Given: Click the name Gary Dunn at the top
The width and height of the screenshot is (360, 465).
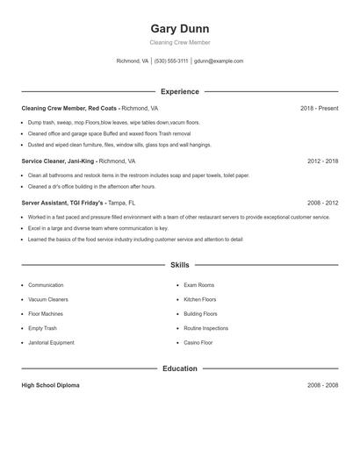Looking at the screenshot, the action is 180,28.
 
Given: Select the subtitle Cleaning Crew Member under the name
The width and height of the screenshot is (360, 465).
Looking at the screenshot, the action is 180,42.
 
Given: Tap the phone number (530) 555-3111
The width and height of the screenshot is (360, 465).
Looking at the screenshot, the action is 171,61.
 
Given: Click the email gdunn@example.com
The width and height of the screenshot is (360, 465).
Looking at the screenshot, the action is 219,61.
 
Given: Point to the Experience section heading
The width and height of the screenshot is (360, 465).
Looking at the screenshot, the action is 180,91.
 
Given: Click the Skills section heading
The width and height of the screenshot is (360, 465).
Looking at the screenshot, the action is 180,264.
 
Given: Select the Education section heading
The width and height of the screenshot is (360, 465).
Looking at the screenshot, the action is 180,368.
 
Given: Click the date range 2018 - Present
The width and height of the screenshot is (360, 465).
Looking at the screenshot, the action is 320,108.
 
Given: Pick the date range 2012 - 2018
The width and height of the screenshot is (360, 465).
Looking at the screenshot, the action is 323,161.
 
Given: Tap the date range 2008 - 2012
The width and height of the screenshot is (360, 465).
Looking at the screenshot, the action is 323,202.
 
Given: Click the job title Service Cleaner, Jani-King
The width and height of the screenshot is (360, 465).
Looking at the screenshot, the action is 58,161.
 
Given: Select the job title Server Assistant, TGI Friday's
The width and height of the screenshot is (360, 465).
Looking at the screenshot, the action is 62,202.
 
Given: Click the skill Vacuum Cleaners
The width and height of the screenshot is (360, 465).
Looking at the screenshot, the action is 47,299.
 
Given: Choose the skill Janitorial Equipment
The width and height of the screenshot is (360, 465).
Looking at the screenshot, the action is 51,342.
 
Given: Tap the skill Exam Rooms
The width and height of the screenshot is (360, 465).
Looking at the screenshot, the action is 198,285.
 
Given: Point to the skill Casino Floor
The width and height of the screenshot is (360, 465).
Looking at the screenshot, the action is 198,342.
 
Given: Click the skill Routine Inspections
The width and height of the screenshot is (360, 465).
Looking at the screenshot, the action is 205,328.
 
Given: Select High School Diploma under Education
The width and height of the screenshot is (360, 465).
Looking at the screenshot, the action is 50,385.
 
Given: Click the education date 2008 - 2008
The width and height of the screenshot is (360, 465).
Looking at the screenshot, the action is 323,385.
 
